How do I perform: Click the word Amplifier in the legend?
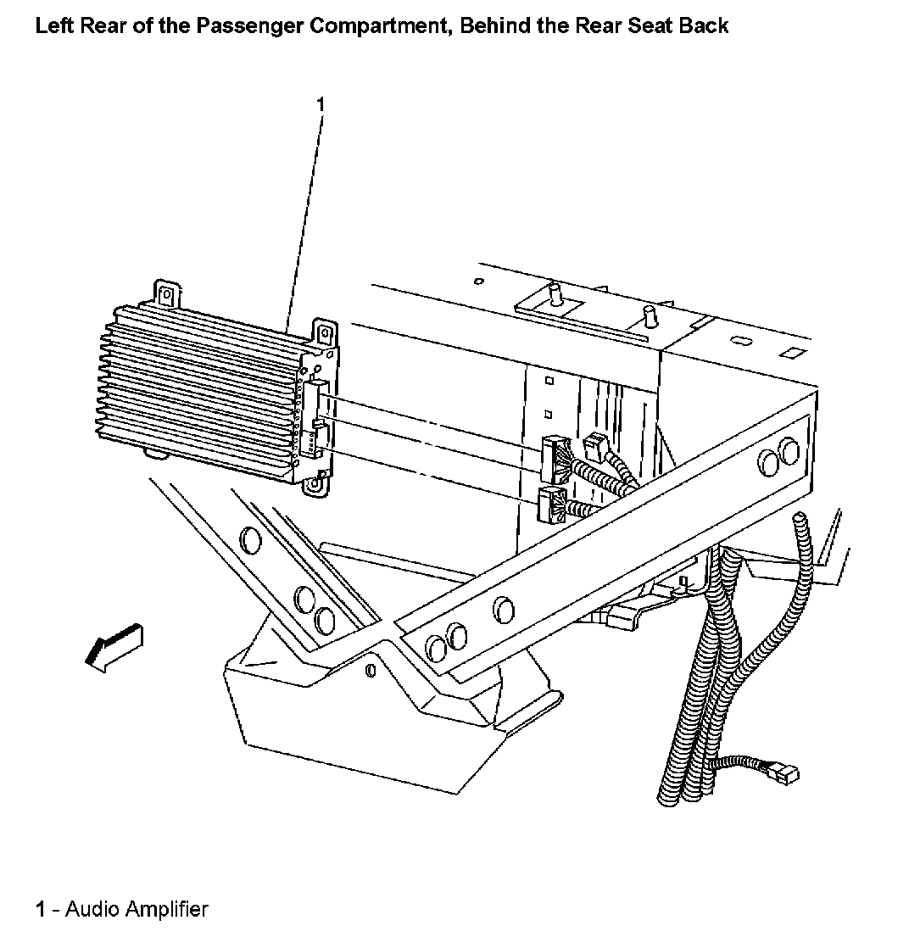click(166, 911)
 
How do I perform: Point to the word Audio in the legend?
click(93, 911)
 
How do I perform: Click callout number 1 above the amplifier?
click(320, 104)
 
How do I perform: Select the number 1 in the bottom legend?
click(40, 911)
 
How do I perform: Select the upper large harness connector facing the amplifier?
click(554, 459)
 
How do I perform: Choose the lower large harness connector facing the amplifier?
click(550, 505)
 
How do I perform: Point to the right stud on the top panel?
click(651, 318)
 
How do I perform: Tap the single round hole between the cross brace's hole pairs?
click(502, 609)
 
